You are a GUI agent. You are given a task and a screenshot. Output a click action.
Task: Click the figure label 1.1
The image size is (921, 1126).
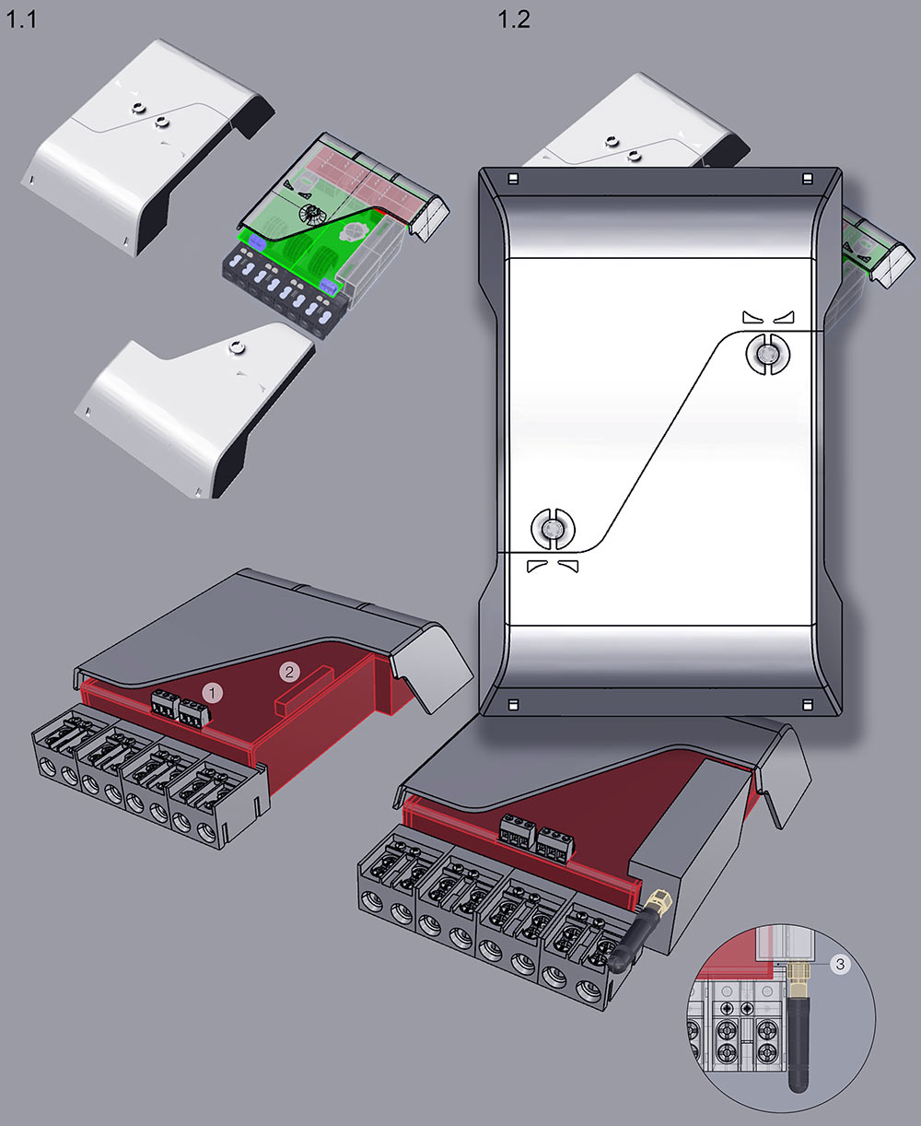[x=21, y=19]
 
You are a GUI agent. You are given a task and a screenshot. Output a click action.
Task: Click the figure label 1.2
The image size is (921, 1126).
[x=514, y=19]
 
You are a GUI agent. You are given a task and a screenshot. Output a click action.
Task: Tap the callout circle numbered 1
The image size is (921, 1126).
[x=213, y=693]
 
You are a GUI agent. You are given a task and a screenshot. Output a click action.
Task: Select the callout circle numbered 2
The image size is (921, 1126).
[x=289, y=672]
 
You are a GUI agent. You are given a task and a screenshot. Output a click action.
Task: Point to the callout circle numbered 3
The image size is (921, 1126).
[x=841, y=964]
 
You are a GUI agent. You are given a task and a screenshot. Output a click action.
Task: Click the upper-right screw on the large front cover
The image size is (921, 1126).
[x=768, y=353]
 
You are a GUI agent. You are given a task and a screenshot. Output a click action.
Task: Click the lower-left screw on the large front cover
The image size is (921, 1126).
[x=553, y=529]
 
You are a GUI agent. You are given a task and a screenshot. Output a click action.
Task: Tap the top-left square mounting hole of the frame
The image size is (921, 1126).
[x=513, y=179]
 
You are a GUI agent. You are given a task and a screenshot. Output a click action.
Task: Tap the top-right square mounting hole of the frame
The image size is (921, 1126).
[x=808, y=179]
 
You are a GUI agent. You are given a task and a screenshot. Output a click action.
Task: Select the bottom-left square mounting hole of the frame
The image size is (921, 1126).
[x=513, y=705]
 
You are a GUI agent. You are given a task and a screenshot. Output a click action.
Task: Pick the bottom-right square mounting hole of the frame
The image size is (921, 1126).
[x=808, y=705]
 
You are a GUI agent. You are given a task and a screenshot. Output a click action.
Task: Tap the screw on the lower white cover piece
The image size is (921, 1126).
[x=235, y=347]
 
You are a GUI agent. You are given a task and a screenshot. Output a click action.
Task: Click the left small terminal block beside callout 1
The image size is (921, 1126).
[x=165, y=703]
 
